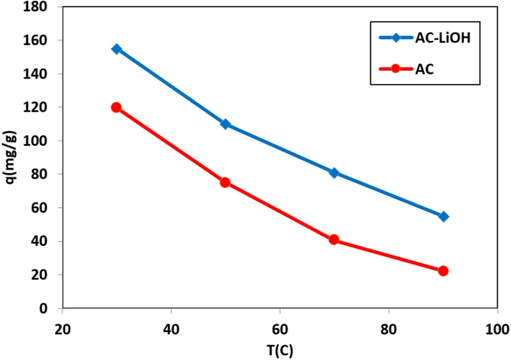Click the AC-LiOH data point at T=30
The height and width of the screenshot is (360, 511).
point(117,49)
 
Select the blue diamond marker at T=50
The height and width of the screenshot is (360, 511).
point(226,124)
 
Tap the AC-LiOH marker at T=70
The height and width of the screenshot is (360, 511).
point(334,173)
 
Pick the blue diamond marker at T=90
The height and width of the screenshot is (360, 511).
point(443,216)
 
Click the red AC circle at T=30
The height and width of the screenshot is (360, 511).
point(117,107)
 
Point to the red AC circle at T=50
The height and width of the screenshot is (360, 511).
point(225,182)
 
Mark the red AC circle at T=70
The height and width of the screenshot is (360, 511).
point(333,239)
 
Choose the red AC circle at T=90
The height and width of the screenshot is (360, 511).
point(443,271)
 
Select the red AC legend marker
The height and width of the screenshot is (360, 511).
point(395,69)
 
